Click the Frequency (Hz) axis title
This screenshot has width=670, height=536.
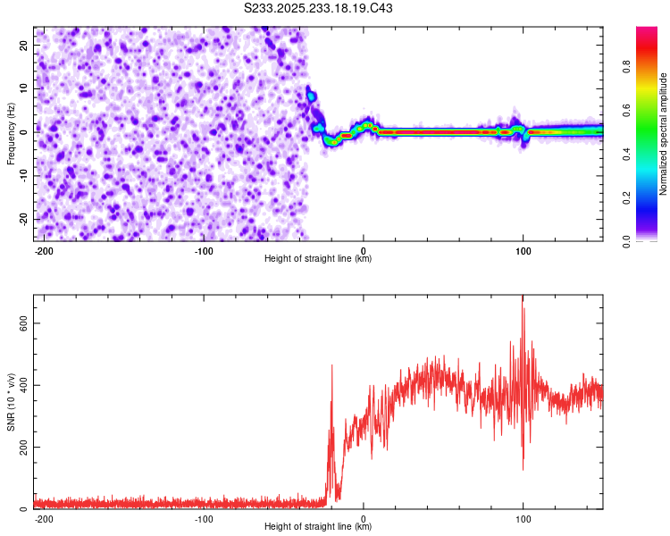click(x=12, y=133)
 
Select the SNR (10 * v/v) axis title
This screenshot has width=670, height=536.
click(x=12, y=402)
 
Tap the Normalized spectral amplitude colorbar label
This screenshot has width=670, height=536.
click(x=664, y=134)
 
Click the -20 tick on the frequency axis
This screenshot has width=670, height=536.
click(x=22, y=219)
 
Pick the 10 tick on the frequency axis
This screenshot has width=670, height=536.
click(x=24, y=88)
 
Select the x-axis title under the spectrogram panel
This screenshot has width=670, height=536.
click(x=318, y=259)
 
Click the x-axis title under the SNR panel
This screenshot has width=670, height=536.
click(x=318, y=527)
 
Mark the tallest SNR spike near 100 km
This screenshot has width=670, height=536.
click(x=523, y=299)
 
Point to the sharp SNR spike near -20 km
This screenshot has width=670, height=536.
click(x=332, y=366)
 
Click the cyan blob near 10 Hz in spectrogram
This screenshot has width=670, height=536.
click(x=311, y=95)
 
